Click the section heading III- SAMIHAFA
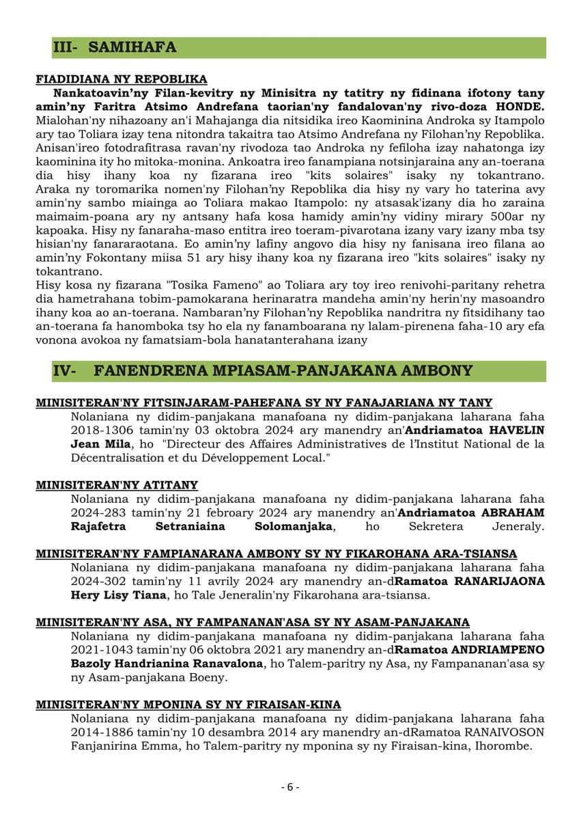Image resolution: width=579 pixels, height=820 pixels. tap(114, 47)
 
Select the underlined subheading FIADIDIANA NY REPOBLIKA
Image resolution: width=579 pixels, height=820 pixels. tap(122, 79)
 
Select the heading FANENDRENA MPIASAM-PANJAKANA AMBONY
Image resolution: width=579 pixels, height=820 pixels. tap(283, 370)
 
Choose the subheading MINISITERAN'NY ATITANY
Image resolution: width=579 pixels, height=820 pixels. tap(117, 485)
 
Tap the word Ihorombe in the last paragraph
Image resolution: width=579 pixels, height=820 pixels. tap(505, 746)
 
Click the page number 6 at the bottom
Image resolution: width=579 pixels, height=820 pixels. tap(289, 787)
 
